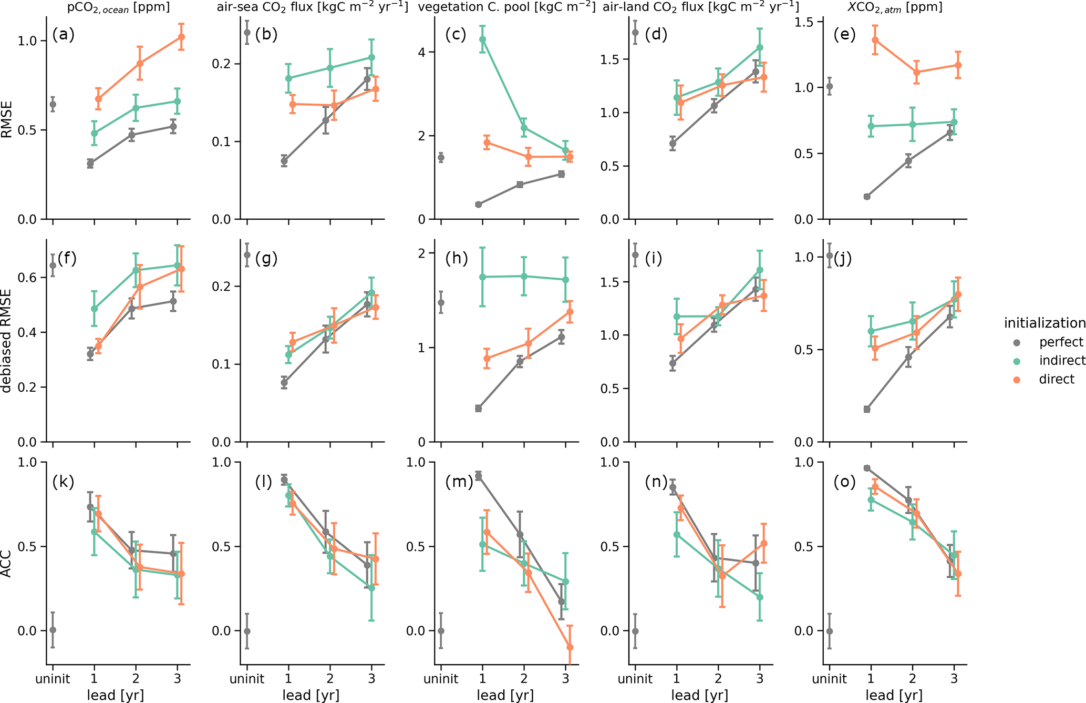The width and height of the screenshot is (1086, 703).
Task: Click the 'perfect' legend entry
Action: pos(1061,342)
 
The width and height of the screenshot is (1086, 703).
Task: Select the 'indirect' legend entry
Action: pos(1062,361)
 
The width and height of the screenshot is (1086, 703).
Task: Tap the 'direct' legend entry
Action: pos(1057,379)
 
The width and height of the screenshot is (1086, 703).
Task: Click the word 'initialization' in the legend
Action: pos(1044,323)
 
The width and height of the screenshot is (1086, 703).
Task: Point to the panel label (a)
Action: pos(63,35)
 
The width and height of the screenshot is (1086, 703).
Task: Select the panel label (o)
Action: pos(845,482)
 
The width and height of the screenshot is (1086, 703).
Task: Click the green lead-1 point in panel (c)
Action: pos(482,39)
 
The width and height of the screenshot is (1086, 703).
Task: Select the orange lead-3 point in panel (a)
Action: pos(181,37)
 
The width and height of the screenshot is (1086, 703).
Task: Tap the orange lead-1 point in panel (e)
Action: pos(875,40)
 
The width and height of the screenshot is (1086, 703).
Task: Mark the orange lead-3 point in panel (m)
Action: pos(570,647)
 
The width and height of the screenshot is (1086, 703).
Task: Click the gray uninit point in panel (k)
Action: pos(53,630)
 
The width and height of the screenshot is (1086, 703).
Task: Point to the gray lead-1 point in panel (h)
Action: pos(478,409)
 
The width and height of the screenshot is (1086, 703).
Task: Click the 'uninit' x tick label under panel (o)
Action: pos(830,679)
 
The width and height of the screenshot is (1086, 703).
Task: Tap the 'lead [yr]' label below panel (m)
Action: pos(505,696)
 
